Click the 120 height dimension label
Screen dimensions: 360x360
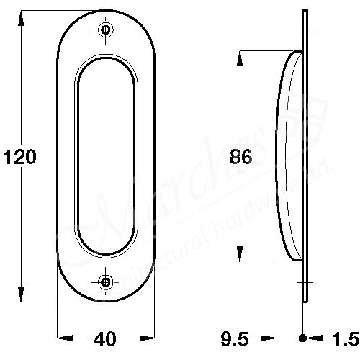[20, 157]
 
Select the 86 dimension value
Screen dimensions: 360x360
[240, 157]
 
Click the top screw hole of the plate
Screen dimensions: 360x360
[107, 30]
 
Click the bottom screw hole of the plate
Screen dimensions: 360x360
[107, 282]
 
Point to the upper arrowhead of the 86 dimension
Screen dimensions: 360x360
[240, 57]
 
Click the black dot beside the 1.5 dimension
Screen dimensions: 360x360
[303, 338]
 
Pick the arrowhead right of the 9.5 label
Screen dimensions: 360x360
[271, 338]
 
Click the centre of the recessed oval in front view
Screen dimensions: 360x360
[106, 156]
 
